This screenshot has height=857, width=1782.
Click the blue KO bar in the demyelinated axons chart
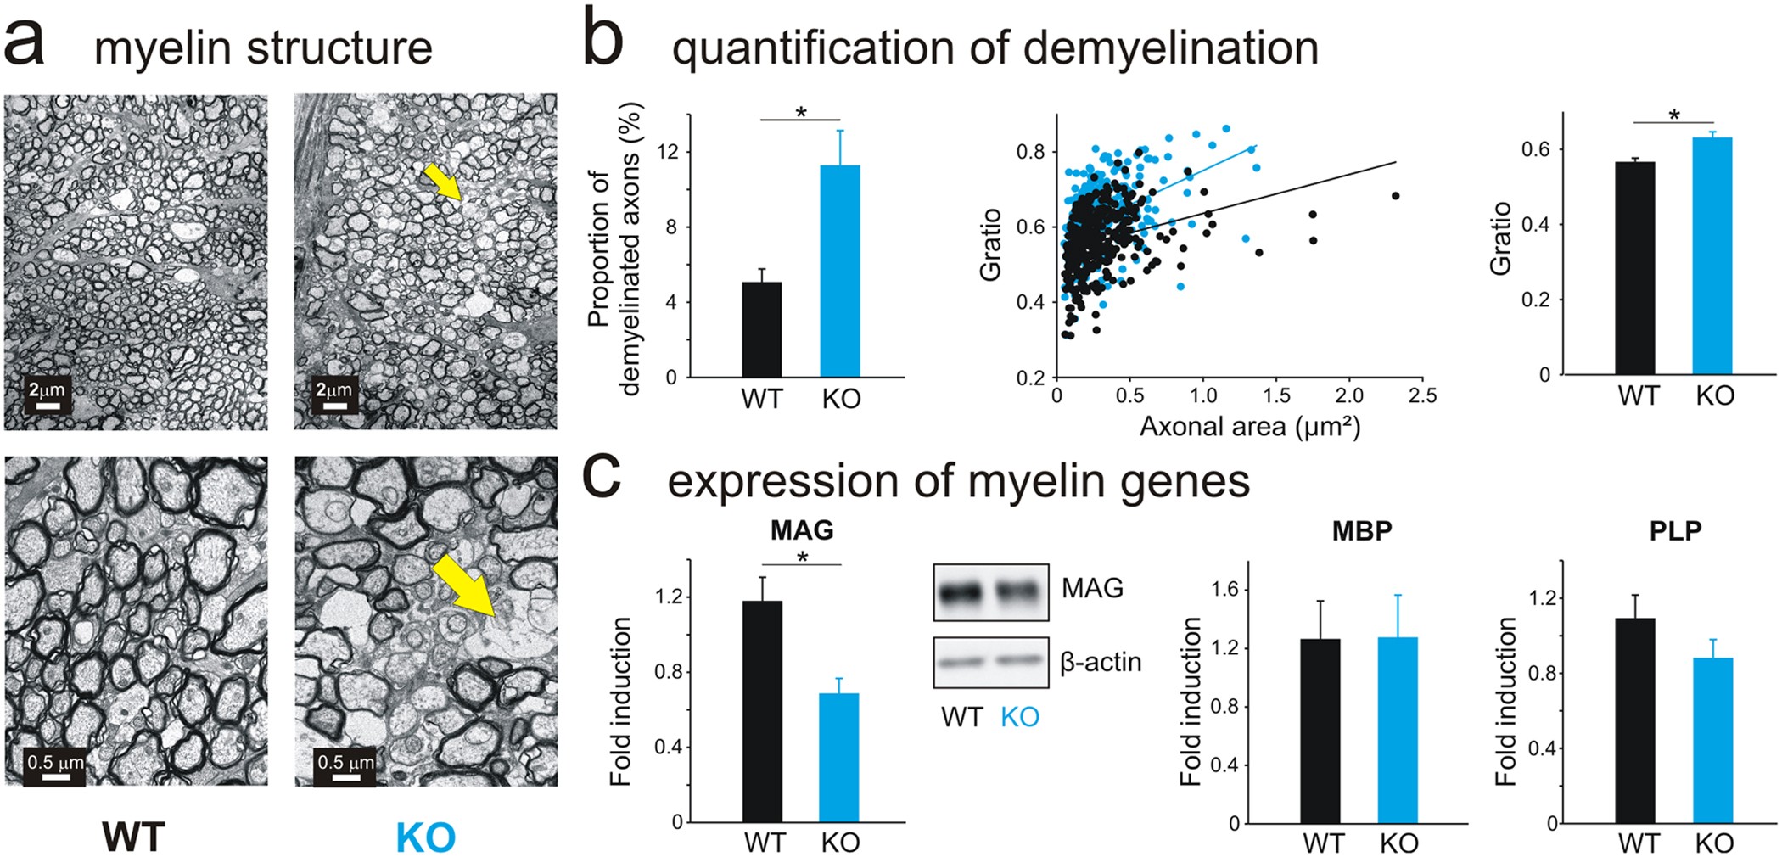(840, 271)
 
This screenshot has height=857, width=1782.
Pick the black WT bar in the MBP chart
(1320, 731)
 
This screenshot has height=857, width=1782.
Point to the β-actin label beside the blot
(1101, 662)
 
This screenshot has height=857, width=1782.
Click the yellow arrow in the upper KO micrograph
(442, 182)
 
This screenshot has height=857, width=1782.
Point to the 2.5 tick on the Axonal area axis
(1422, 395)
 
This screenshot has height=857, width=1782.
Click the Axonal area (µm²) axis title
(1249, 426)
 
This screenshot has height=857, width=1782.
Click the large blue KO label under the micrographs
(425, 837)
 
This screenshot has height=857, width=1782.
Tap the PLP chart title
(1675, 530)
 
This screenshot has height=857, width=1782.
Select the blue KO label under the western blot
(1019, 718)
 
